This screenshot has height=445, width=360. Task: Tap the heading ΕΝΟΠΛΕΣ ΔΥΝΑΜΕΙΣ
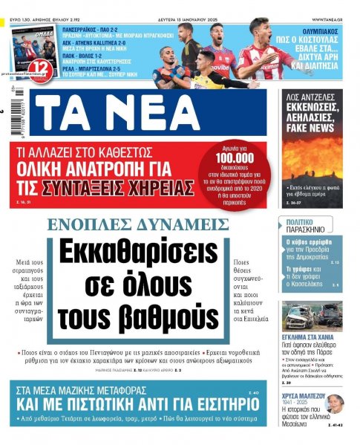[138, 224]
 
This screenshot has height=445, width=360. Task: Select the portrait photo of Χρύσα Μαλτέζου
[335, 404]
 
